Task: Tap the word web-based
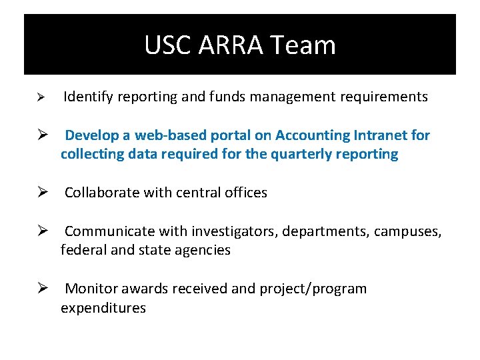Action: pyautogui.click(x=170, y=135)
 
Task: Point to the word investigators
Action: pyautogui.click(x=233, y=231)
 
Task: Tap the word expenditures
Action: pyautogui.click(x=103, y=308)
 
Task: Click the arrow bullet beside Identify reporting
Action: pyautogui.click(x=40, y=97)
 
